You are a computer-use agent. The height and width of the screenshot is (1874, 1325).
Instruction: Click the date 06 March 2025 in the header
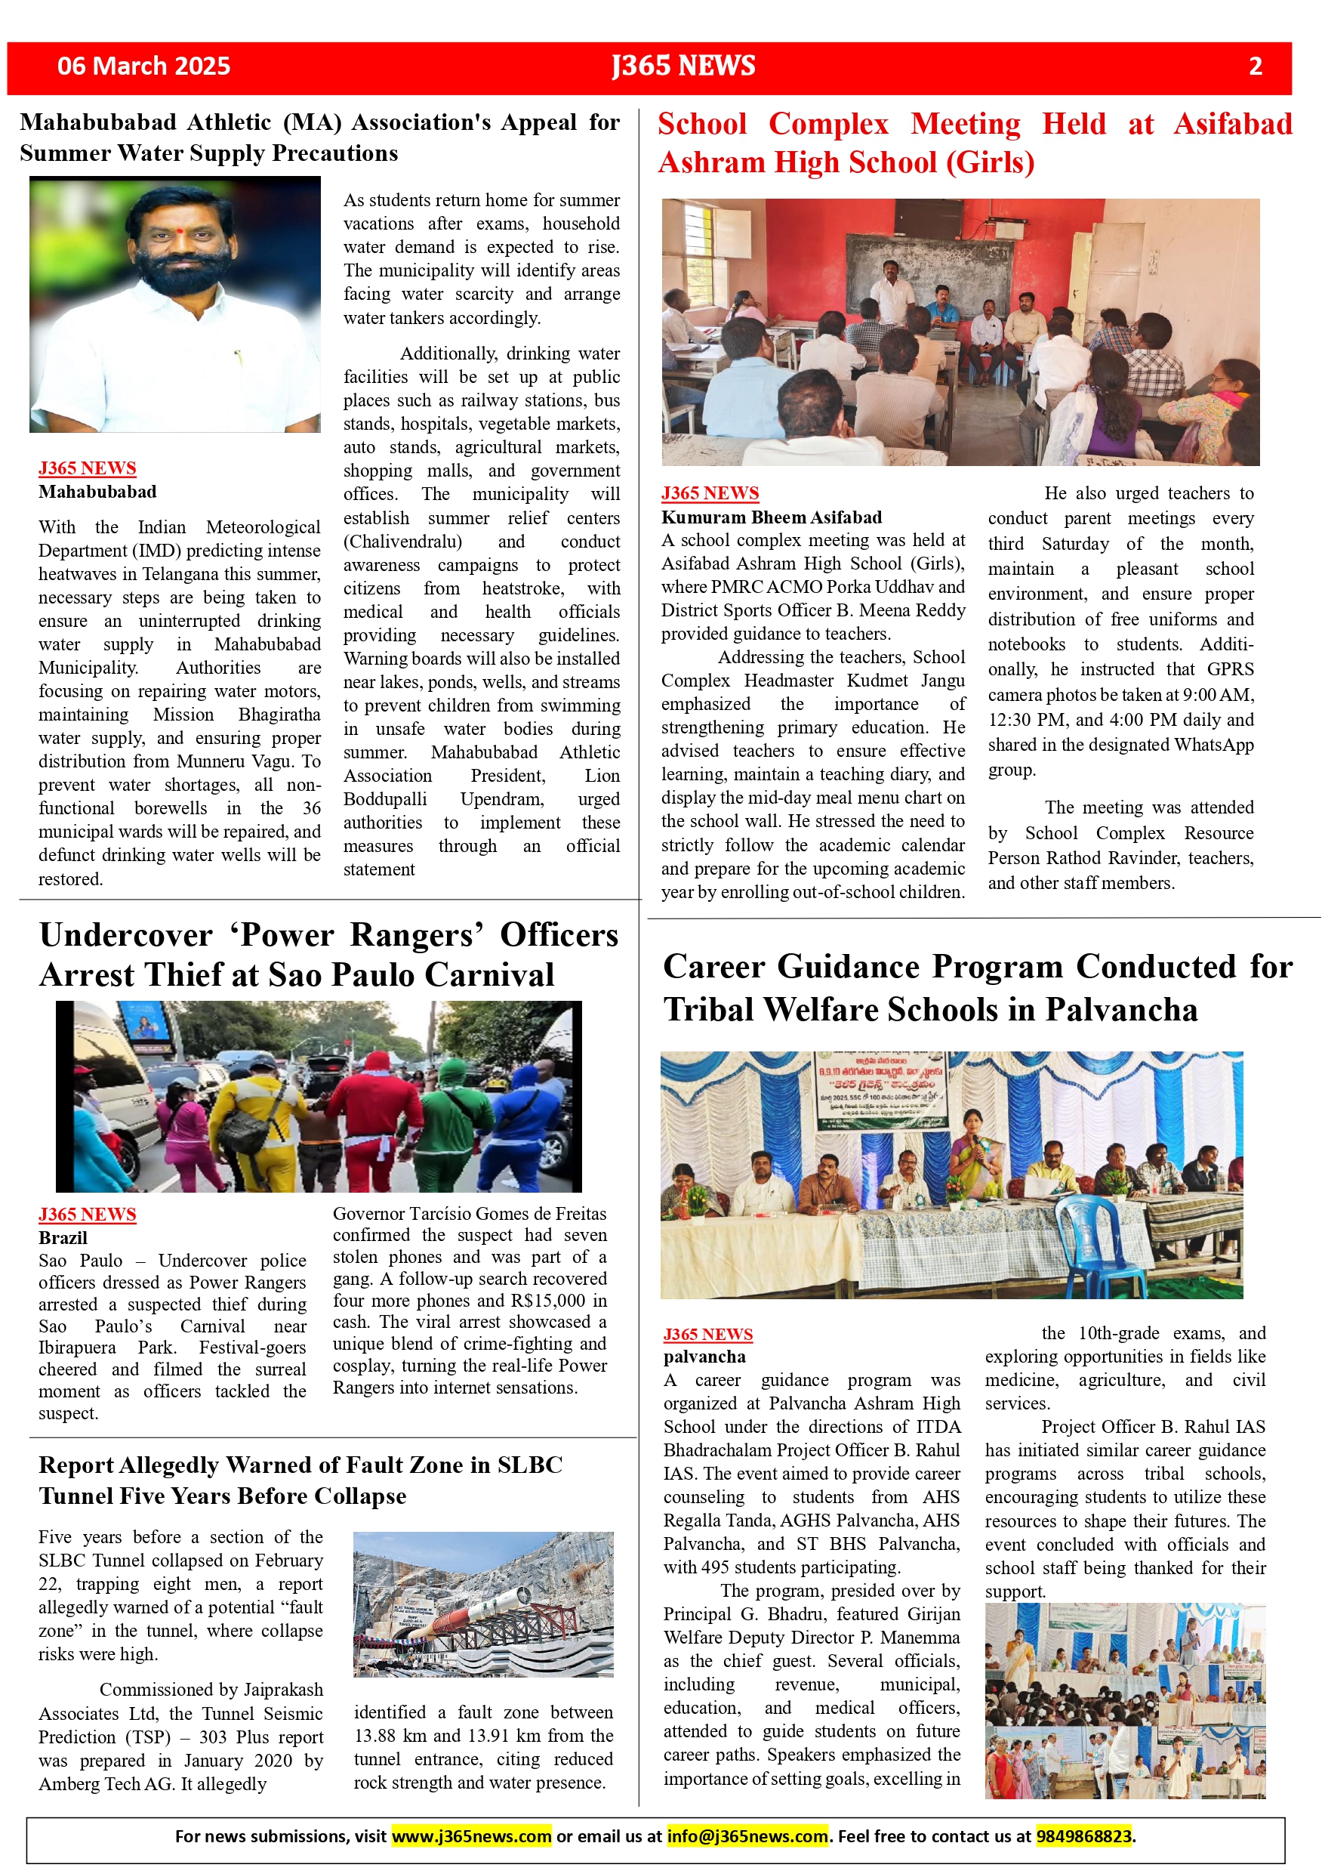(x=143, y=66)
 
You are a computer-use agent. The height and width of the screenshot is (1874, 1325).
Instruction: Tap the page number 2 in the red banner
(x=1255, y=66)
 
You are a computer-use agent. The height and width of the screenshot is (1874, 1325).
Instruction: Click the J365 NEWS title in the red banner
(x=684, y=66)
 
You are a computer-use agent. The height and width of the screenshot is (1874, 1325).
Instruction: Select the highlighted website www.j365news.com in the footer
(x=472, y=1835)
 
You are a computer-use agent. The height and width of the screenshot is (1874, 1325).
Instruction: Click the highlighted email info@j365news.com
(x=747, y=1835)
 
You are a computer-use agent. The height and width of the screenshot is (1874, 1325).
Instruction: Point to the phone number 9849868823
(x=1083, y=1835)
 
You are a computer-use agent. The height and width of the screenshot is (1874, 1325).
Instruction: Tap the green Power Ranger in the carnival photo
(x=449, y=1110)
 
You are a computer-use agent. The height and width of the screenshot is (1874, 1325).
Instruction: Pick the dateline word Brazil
(x=63, y=1237)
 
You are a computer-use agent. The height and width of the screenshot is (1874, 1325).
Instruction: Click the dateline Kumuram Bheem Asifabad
(x=771, y=517)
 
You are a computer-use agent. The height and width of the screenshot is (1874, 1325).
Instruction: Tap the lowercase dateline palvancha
(x=704, y=1357)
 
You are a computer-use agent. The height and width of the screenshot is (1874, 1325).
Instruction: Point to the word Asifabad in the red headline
(x=1232, y=124)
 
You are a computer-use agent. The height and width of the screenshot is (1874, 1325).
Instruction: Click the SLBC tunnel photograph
(x=483, y=1604)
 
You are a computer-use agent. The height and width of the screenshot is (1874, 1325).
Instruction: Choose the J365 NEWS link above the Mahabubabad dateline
(x=88, y=468)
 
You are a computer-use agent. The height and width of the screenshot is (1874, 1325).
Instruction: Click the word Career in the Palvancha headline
(x=714, y=966)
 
